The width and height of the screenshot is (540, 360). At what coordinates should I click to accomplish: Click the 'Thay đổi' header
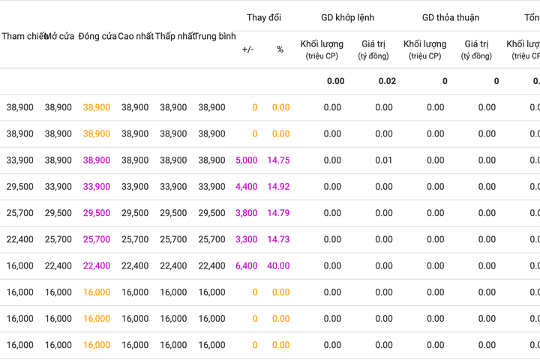tap(264, 17)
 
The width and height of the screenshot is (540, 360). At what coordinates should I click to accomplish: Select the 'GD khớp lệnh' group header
tap(347, 17)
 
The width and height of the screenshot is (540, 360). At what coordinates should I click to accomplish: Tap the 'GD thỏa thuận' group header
tap(451, 17)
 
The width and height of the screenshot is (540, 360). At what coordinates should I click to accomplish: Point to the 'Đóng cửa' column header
tap(97, 36)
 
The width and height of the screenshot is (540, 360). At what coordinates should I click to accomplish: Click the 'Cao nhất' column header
tap(136, 36)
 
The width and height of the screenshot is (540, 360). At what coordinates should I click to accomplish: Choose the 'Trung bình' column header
tap(215, 36)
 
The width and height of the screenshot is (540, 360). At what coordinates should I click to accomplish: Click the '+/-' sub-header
tap(248, 49)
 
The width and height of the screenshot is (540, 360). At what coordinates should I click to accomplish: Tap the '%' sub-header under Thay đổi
tap(280, 49)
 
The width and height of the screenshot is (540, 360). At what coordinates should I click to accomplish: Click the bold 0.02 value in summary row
tap(387, 81)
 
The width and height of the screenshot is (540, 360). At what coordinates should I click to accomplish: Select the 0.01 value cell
tap(384, 160)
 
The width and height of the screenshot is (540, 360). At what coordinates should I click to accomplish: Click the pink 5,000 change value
tap(247, 160)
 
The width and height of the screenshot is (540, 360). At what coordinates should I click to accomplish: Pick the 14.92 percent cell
tap(278, 187)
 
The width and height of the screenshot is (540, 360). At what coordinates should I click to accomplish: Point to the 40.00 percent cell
tap(278, 266)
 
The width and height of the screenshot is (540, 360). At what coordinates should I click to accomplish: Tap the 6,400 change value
tap(247, 266)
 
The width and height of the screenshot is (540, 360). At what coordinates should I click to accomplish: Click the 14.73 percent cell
tap(278, 239)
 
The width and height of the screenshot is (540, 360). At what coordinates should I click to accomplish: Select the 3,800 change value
tap(247, 213)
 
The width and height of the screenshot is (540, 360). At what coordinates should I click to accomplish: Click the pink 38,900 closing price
tap(97, 160)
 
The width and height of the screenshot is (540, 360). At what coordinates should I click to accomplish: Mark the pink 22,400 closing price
tap(97, 266)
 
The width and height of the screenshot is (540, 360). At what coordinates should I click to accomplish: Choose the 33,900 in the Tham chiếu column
tap(20, 160)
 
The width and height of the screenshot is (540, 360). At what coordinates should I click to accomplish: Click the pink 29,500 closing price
tap(97, 213)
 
